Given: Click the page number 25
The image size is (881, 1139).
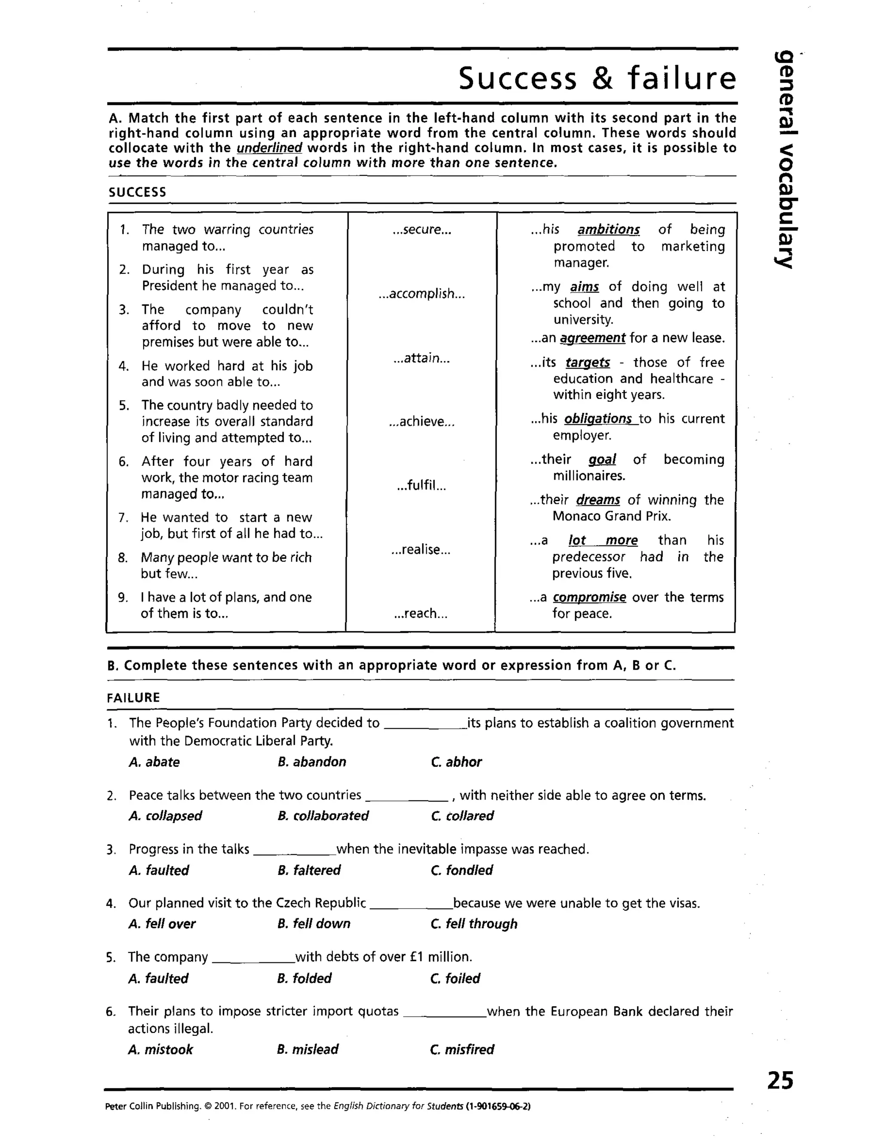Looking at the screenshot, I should pyautogui.click(x=780, y=1081).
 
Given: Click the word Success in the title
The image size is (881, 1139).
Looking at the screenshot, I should pyautogui.click(x=518, y=79).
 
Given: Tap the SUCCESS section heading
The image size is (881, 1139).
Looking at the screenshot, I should pyautogui.click(x=137, y=193).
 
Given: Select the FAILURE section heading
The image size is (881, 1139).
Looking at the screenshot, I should pyautogui.click(x=134, y=698).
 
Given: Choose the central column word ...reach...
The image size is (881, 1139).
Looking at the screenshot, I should pyautogui.click(x=421, y=614).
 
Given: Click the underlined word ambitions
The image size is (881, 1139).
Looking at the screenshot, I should pyautogui.click(x=609, y=230).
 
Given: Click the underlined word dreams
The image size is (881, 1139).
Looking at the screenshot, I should pyautogui.click(x=598, y=500).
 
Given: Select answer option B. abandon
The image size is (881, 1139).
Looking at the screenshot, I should pyautogui.click(x=311, y=762).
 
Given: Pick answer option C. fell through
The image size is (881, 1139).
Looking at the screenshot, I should pyautogui.click(x=474, y=924).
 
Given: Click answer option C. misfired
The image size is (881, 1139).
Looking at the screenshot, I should pyautogui.click(x=462, y=1049).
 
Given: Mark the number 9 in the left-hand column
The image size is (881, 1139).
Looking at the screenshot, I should pyautogui.click(x=123, y=598).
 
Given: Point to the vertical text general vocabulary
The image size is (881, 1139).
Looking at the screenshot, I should pyautogui.click(x=784, y=159).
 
